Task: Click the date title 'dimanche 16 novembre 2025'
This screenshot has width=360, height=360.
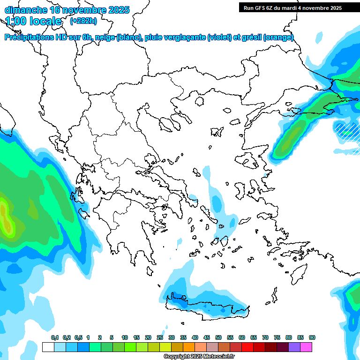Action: pos(67,10)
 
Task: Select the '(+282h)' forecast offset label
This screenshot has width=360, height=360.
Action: pos(83,21)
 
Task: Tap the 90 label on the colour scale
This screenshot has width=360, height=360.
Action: pos(312,337)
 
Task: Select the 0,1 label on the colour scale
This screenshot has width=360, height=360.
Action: pos(54,337)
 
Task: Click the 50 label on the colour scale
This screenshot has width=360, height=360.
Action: pos(218,337)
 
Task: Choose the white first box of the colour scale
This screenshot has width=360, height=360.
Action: pos(48,347)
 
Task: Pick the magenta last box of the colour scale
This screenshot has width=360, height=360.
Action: pos(307,347)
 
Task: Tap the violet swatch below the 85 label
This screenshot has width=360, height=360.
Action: pos(294,347)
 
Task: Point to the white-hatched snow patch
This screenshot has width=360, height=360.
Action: pos(346,130)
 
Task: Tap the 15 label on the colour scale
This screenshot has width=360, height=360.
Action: pos(136,337)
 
